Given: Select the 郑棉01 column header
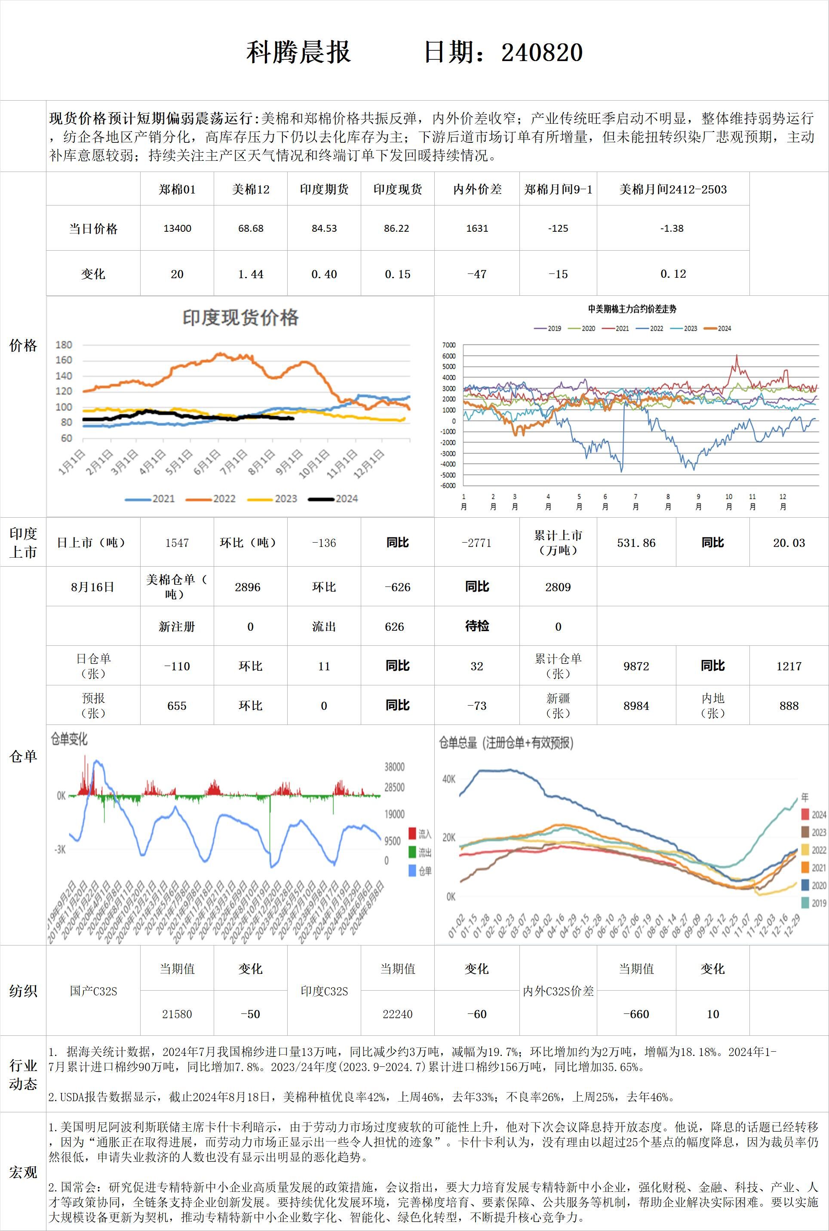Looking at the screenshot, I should tap(177, 189).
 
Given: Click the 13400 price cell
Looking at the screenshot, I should tap(177, 228).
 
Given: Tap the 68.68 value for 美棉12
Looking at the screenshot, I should tap(251, 228).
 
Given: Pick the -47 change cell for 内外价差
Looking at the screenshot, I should tap(476, 274).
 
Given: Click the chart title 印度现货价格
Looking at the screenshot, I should tap(240, 318).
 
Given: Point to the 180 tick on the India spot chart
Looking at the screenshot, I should tap(64, 344).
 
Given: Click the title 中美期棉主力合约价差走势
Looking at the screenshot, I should tap(632, 309).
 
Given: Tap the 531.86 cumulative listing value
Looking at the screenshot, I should tap(636, 543).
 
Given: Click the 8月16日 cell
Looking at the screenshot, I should tap(92, 587).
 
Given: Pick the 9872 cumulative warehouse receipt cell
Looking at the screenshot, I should tap(636, 666).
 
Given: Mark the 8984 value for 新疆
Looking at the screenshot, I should tap(636, 706).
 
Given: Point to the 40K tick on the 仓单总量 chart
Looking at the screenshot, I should tap(448, 779).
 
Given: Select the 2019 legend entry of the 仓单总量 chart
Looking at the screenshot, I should tap(818, 903).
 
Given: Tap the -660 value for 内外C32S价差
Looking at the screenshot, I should tap(636, 1014).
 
